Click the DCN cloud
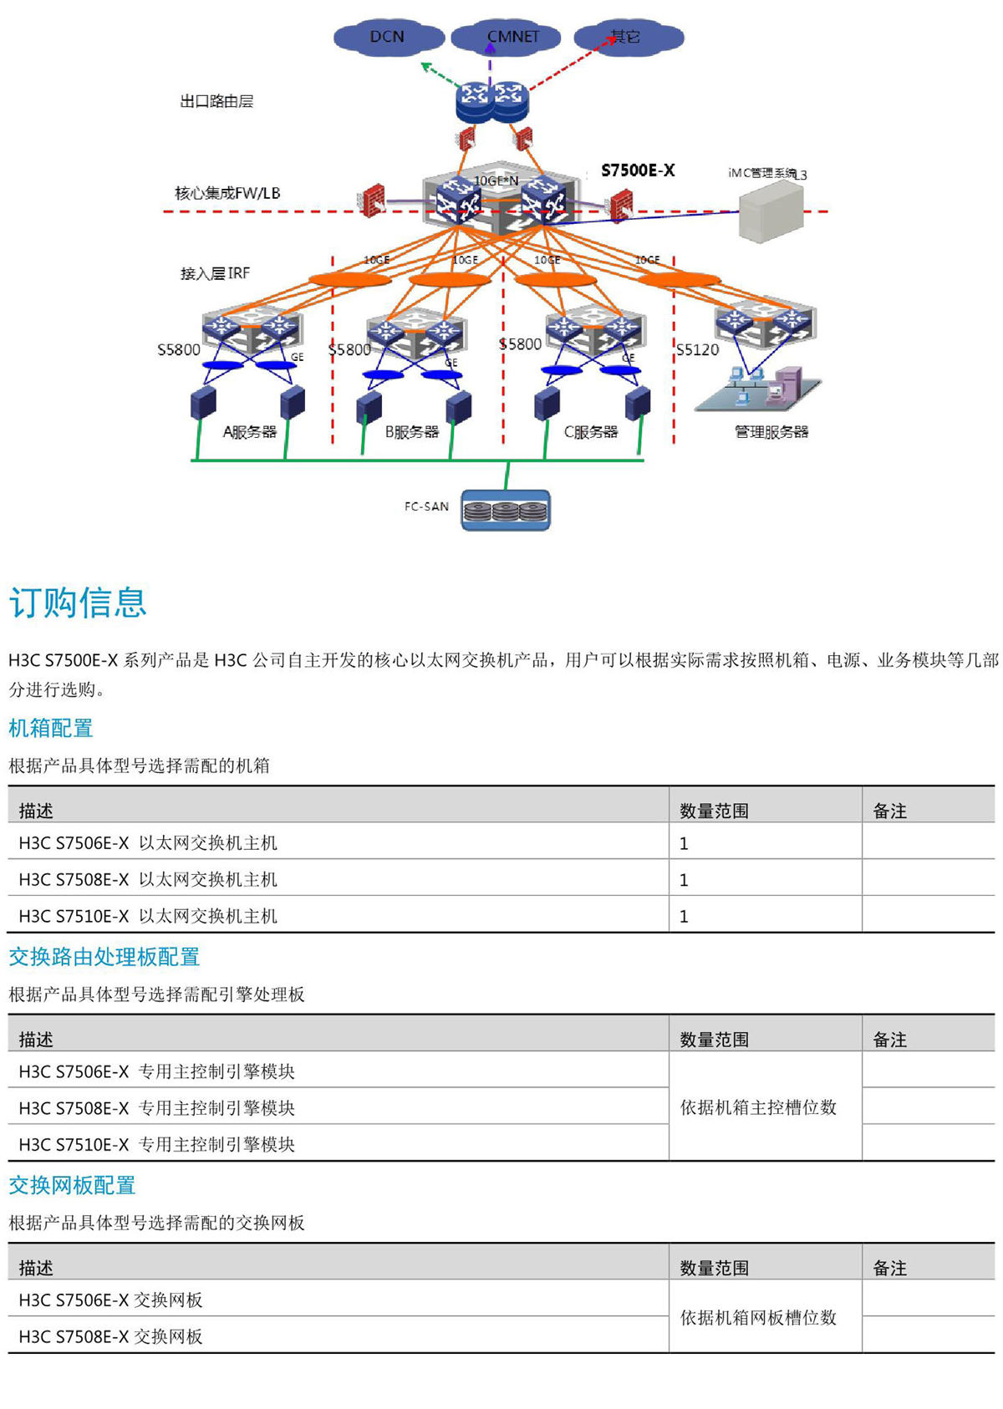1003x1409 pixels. [388, 38]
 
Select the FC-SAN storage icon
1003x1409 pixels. [506, 511]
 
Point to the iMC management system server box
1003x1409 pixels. [771, 213]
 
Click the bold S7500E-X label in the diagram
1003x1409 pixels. [638, 170]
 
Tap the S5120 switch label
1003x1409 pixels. [697, 349]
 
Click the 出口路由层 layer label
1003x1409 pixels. [216, 101]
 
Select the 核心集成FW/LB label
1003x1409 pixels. [227, 193]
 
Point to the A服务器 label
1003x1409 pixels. [249, 432]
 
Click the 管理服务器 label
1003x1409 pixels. [771, 432]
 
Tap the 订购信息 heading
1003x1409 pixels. [78, 603]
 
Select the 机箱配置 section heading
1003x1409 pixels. [51, 728]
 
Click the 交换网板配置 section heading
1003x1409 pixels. [72, 1185]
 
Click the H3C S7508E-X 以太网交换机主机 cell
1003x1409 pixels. [148, 879]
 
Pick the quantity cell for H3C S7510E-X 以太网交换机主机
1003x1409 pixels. [684, 916]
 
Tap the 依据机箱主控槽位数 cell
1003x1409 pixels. [758, 1107]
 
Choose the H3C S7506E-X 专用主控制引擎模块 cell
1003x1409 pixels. [157, 1071]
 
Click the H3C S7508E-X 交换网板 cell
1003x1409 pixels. [111, 1336]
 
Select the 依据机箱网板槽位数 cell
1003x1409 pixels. [758, 1318]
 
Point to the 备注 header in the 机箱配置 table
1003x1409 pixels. [889, 811]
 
